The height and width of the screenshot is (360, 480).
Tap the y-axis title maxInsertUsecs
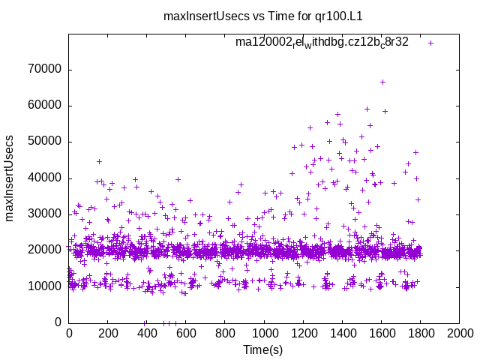click(11, 178)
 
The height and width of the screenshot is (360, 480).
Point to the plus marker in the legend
click(430, 43)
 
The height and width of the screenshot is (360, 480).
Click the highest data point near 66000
click(382, 82)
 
